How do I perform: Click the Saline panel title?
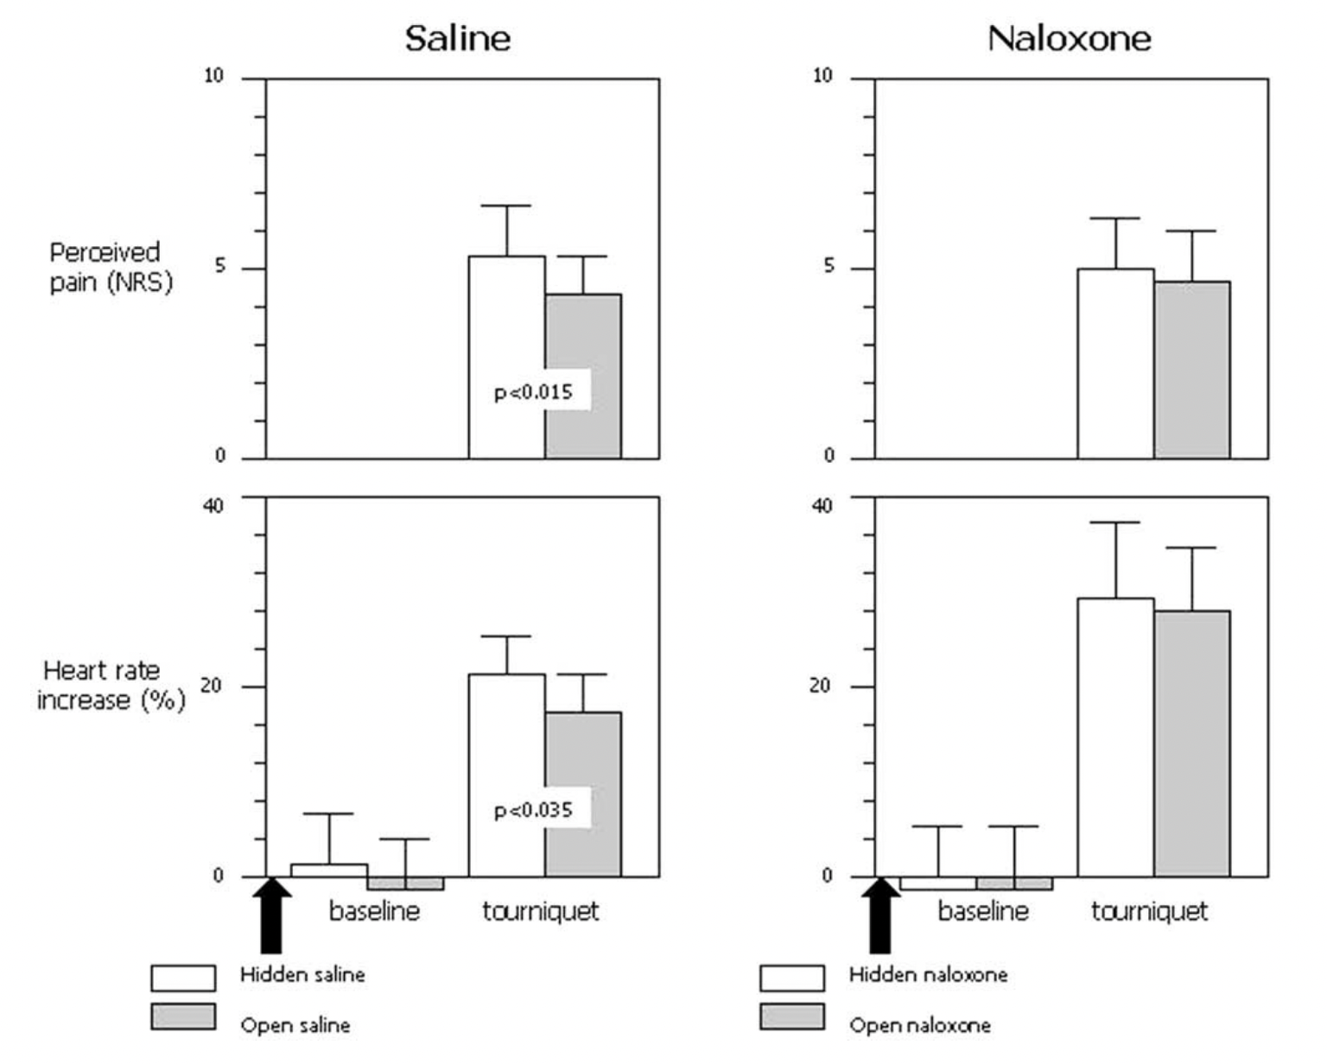point(458,39)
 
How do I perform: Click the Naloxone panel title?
point(1069,39)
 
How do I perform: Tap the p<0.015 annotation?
point(533,392)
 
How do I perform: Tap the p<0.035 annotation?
point(533,810)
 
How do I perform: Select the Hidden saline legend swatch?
point(183,978)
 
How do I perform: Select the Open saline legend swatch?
point(183,1016)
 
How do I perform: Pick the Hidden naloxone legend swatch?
point(792,978)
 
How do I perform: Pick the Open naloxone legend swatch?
point(792,1016)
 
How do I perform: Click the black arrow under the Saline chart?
point(271,915)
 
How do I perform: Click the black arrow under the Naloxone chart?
point(880,915)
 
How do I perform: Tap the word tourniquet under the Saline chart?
point(540,911)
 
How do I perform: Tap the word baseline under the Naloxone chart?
point(983,911)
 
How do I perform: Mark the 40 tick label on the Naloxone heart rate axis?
point(822,504)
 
